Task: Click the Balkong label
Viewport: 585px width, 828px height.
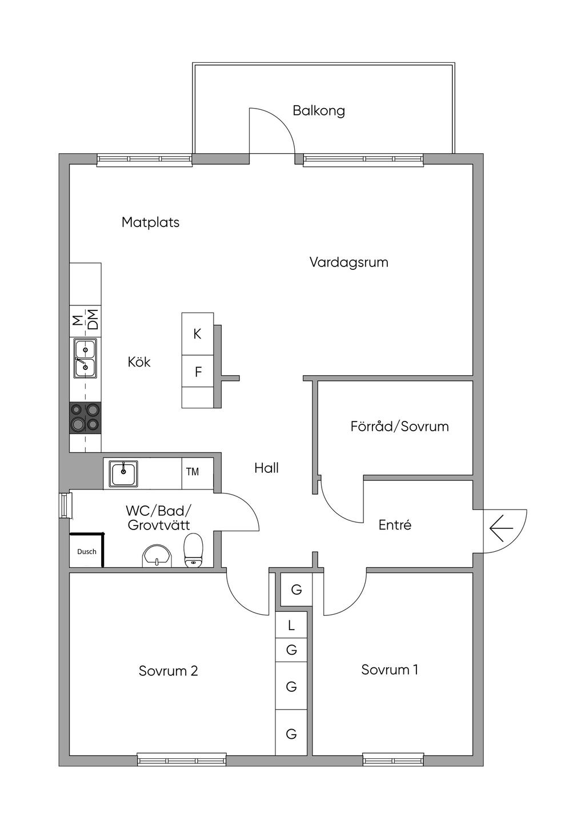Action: click(x=319, y=111)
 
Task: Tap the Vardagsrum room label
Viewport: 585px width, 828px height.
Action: click(x=348, y=262)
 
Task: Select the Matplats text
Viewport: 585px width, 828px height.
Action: click(x=150, y=222)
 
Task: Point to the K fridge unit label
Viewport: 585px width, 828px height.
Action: click(x=197, y=334)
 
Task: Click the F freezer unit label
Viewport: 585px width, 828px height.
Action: click(x=198, y=372)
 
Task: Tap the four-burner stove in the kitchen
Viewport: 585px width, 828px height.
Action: click(x=85, y=417)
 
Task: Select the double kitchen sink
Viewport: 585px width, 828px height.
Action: click(x=85, y=358)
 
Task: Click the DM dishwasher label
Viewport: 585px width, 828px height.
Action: click(x=94, y=320)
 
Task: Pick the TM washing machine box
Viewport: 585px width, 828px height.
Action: click(x=198, y=473)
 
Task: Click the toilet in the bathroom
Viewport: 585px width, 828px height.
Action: click(x=194, y=550)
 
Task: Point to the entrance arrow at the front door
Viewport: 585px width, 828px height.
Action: click(x=501, y=528)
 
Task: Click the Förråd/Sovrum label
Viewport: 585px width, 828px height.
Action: click(x=399, y=426)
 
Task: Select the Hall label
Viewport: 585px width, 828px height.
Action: click(x=266, y=468)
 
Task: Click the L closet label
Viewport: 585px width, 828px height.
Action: click(x=291, y=626)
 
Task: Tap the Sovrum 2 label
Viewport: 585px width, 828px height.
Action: click(x=169, y=671)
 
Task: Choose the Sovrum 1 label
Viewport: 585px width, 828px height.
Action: click(x=390, y=670)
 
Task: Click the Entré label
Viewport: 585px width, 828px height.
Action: click(x=395, y=524)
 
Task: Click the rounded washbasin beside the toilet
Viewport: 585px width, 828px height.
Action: click(x=157, y=556)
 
